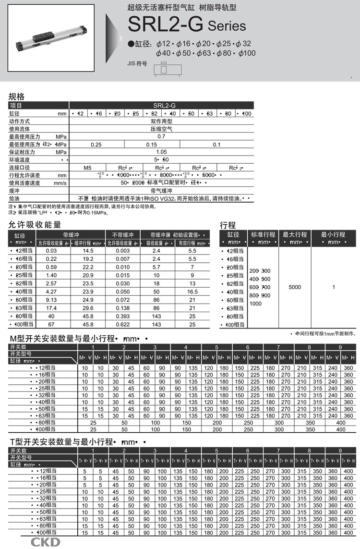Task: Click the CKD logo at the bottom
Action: pyautogui.click(x=46, y=542)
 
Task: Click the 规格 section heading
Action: pyautogui.click(x=17, y=97)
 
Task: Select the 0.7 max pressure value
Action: pyautogui.click(x=161, y=136)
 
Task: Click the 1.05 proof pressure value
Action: pyautogui.click(x=161, y=152)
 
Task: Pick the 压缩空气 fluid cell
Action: pyautogui.click(x=161, y=129)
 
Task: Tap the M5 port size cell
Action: pyautogui.click(x=87, y=168)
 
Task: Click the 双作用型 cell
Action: pyautogui.click(x=161, y=121)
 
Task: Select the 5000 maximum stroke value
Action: pyautogui.click(x=295, y=287)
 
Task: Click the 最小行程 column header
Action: pyautogui.click(x=333, y=234)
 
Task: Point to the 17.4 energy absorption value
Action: pyautogui.click(x=51, y=307)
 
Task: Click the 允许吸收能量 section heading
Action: pyautogui.click(x=35, y=224)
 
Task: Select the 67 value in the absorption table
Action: pyautogui.click(x=51, y=325)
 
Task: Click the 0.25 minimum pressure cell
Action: pyautogui.click(x=96, y=144)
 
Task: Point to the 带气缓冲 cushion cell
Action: pyautogui.click(x=161, y=191)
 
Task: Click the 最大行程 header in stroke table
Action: pyautogui.click(x=295, y=234)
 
